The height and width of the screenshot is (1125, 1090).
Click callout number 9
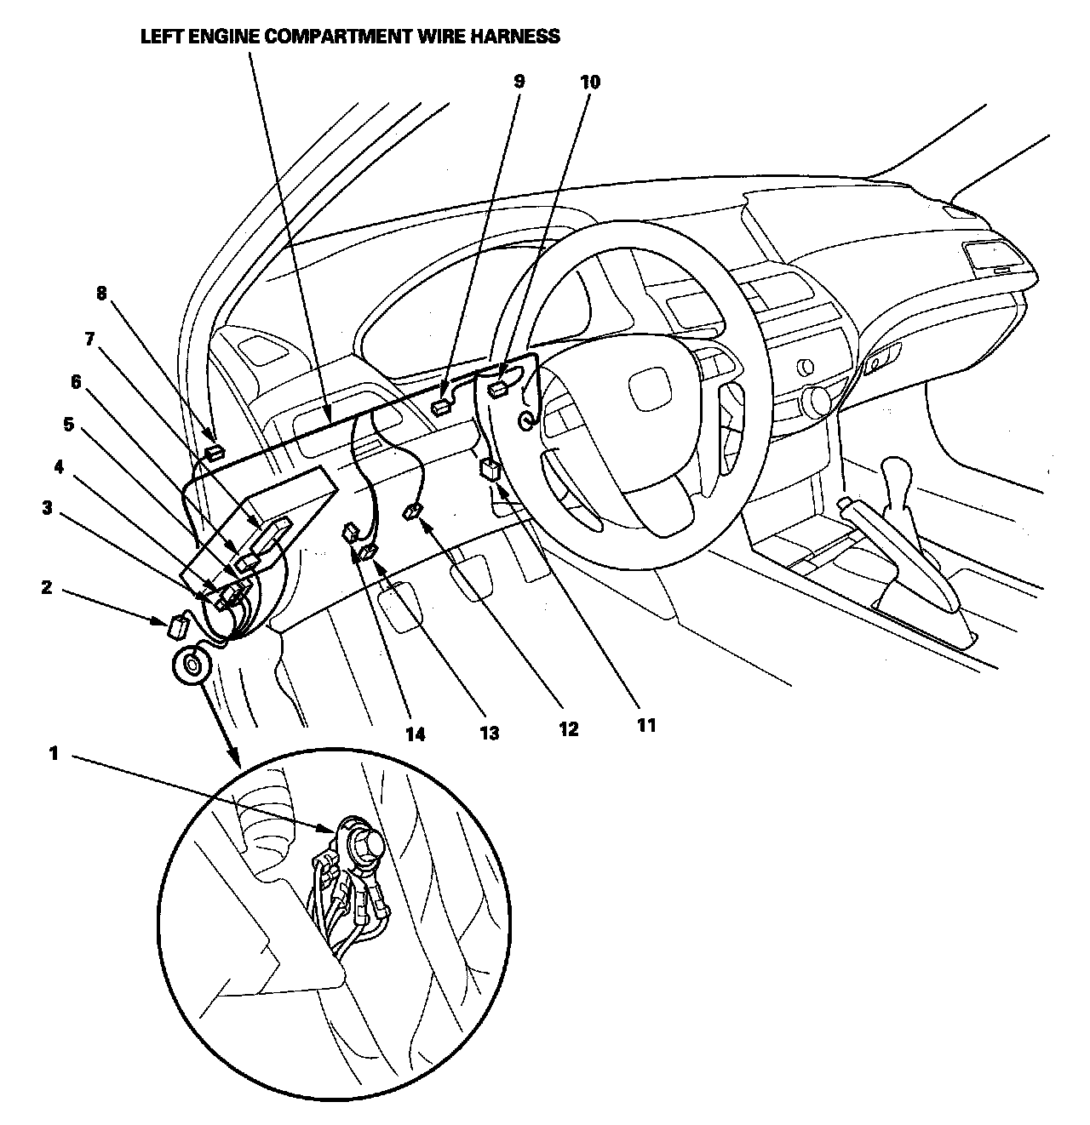pyautogui.click(x=519, y=82)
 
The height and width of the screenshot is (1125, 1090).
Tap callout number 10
pyautogui.click(x=589, y=82)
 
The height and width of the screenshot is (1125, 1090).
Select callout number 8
pyautogui.click(x=101, y=294)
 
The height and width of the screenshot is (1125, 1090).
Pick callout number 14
pyautogui.click(x=415, y=734)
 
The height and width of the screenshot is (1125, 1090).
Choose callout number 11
pyautogui.click(x=646, y=725)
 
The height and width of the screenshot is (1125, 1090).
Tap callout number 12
pyautogui.click(x=568, y=729)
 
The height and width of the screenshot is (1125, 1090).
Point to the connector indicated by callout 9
pyautogui.click(x=441, y=407)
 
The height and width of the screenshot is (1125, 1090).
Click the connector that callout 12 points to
pyautogui.click(x=413, y=511)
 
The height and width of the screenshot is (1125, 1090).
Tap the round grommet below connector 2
pyautogui.click(x=192, y=663)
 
